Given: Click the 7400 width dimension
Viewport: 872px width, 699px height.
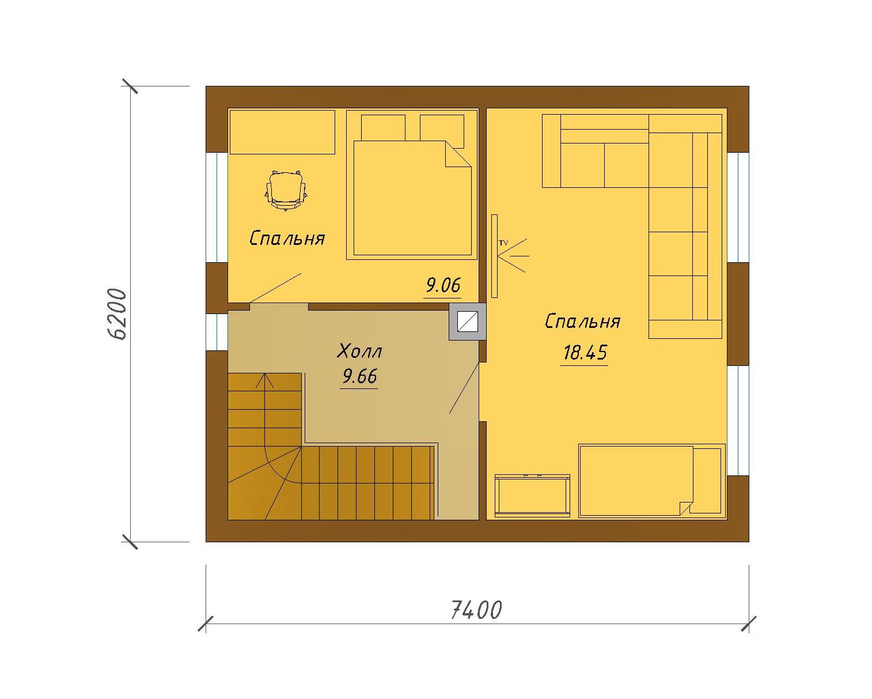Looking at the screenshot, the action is point(476,610).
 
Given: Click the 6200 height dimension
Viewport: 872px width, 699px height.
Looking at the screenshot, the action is point(118,314).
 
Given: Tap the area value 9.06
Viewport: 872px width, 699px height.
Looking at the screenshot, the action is point(443,285).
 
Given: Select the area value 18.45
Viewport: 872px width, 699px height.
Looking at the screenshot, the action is point(585,352).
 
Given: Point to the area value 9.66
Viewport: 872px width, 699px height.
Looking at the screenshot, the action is point(359,376).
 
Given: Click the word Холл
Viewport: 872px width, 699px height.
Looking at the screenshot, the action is point(359,351).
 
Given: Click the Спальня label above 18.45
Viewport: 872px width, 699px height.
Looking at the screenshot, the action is point(582,321).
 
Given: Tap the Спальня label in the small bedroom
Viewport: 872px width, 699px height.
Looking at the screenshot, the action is point(287,238).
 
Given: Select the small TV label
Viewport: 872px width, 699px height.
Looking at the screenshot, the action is point(503,243).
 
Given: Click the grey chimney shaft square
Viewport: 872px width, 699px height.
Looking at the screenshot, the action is point(467,322).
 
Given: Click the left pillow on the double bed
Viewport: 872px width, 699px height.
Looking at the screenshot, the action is point(383,128).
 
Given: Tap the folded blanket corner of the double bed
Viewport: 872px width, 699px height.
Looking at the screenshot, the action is point(458,154).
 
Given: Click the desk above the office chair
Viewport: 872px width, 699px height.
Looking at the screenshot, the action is point(282,132).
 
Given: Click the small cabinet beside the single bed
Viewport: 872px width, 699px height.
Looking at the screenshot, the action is point(532,496).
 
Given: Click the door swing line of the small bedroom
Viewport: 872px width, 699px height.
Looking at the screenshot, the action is point(275,288).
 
